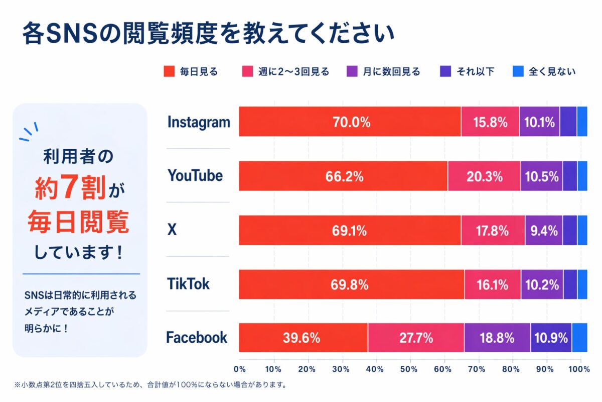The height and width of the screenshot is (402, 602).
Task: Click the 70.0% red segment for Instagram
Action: [350, 122]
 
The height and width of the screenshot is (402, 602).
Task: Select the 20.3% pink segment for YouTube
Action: [484, 176]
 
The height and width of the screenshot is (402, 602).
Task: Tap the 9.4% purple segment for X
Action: [544, 231]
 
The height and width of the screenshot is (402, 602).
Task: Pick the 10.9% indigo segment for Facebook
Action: [551, 338]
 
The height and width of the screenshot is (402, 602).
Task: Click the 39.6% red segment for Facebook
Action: [303, 338]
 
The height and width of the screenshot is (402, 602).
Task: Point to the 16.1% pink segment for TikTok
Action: [493, 285]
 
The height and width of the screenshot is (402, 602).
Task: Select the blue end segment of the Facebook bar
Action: [579, 338]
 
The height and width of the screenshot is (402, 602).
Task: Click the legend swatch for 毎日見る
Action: [169, 71]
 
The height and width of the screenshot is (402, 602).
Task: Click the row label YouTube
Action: [195, 176]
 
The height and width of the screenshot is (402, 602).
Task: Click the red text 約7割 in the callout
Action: [70, 189]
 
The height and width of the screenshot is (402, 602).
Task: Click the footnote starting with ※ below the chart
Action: [150, 385]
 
